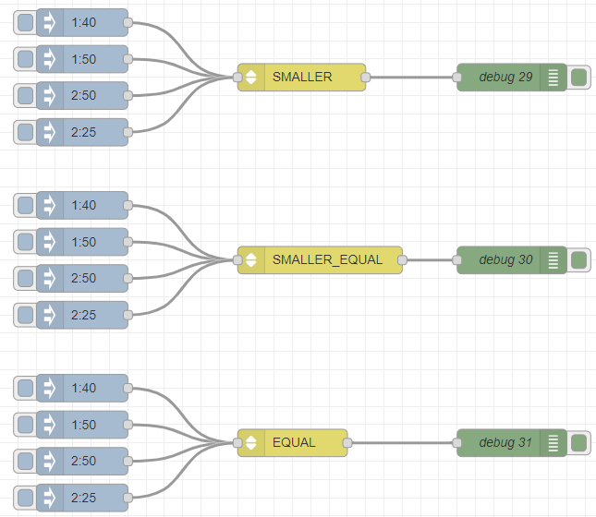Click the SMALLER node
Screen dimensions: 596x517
click(x=302, y=78)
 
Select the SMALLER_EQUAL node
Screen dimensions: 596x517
click(x=320, y=259)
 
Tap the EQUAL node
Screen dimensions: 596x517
click(x=293, y=442)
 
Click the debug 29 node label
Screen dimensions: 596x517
click(x=505, y=78)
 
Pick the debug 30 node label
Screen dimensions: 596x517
click(x=505, y=259)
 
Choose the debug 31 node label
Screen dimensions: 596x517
click(x=505, y=442)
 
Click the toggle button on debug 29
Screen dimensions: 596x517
click(x=578, y=78)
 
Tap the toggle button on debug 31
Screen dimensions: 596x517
click(x=578, y=443)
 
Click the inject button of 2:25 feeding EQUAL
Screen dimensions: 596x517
click(x=26, y=498)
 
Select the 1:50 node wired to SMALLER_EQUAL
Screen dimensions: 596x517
click(x=82, y=242)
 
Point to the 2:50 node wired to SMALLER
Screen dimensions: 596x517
click(x=82, y=95)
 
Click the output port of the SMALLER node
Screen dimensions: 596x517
click(x=366, y=78)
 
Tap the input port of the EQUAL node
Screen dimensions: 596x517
click(x=237, y=443)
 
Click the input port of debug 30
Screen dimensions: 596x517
click(x=456, y=260)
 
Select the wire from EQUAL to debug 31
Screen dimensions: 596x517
click(x=402, y=443)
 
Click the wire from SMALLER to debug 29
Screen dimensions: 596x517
click(x=411, y=78)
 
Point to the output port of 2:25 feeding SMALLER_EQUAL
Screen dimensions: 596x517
click(x=128, y=315)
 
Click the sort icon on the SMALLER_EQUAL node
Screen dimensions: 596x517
click(x=250, y=259)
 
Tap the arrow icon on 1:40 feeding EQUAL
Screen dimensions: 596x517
click(x=50, y=388)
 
